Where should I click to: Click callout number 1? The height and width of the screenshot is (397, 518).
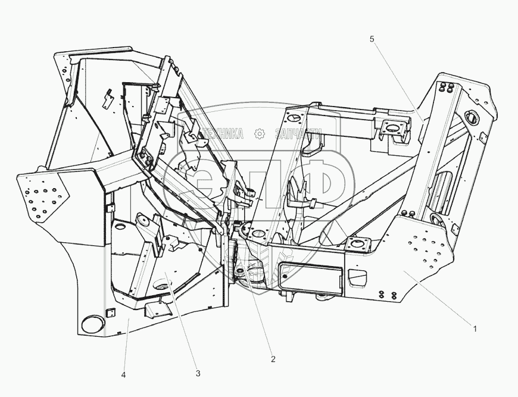475,327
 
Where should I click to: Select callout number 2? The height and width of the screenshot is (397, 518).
273,359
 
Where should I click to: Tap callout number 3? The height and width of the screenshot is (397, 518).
198,373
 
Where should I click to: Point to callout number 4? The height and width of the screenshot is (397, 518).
124,374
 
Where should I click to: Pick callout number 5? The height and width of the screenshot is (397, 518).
372,39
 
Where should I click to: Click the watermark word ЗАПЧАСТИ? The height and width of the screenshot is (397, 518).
298,134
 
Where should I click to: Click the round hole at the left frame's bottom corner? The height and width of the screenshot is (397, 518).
91,324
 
